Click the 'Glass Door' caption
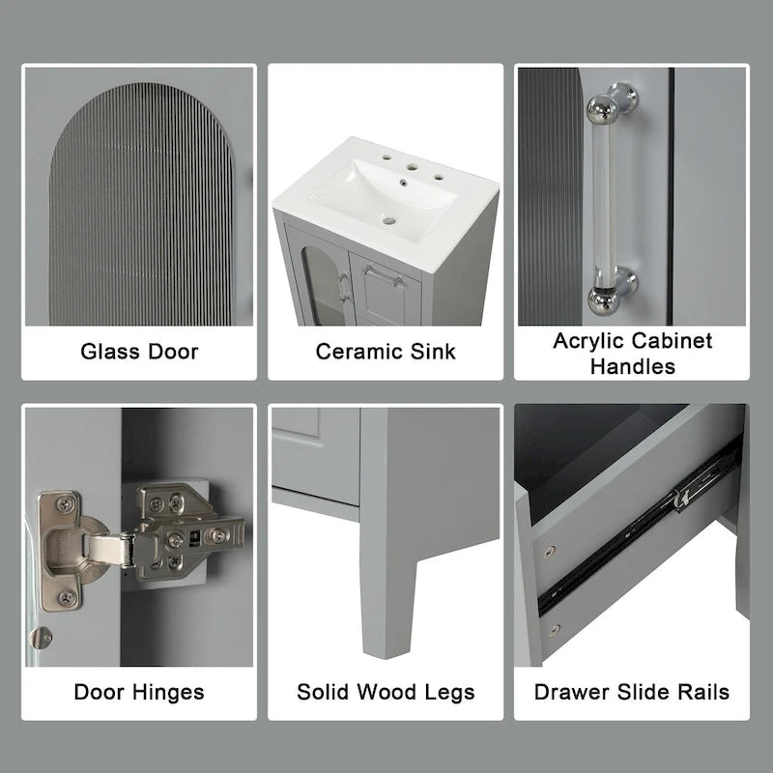[x=139, y=351]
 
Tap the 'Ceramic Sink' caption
[x=386, y=351]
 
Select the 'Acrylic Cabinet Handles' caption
[x=632, y=353]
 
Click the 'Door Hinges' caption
[x=139, y=692]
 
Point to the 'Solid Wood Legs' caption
[x=386, y=692]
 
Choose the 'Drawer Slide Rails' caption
[x=632, y=692]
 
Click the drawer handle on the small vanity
[x=384, y=280]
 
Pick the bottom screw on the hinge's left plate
[x=65, y=598]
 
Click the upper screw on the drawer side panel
[x=550, y=552]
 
